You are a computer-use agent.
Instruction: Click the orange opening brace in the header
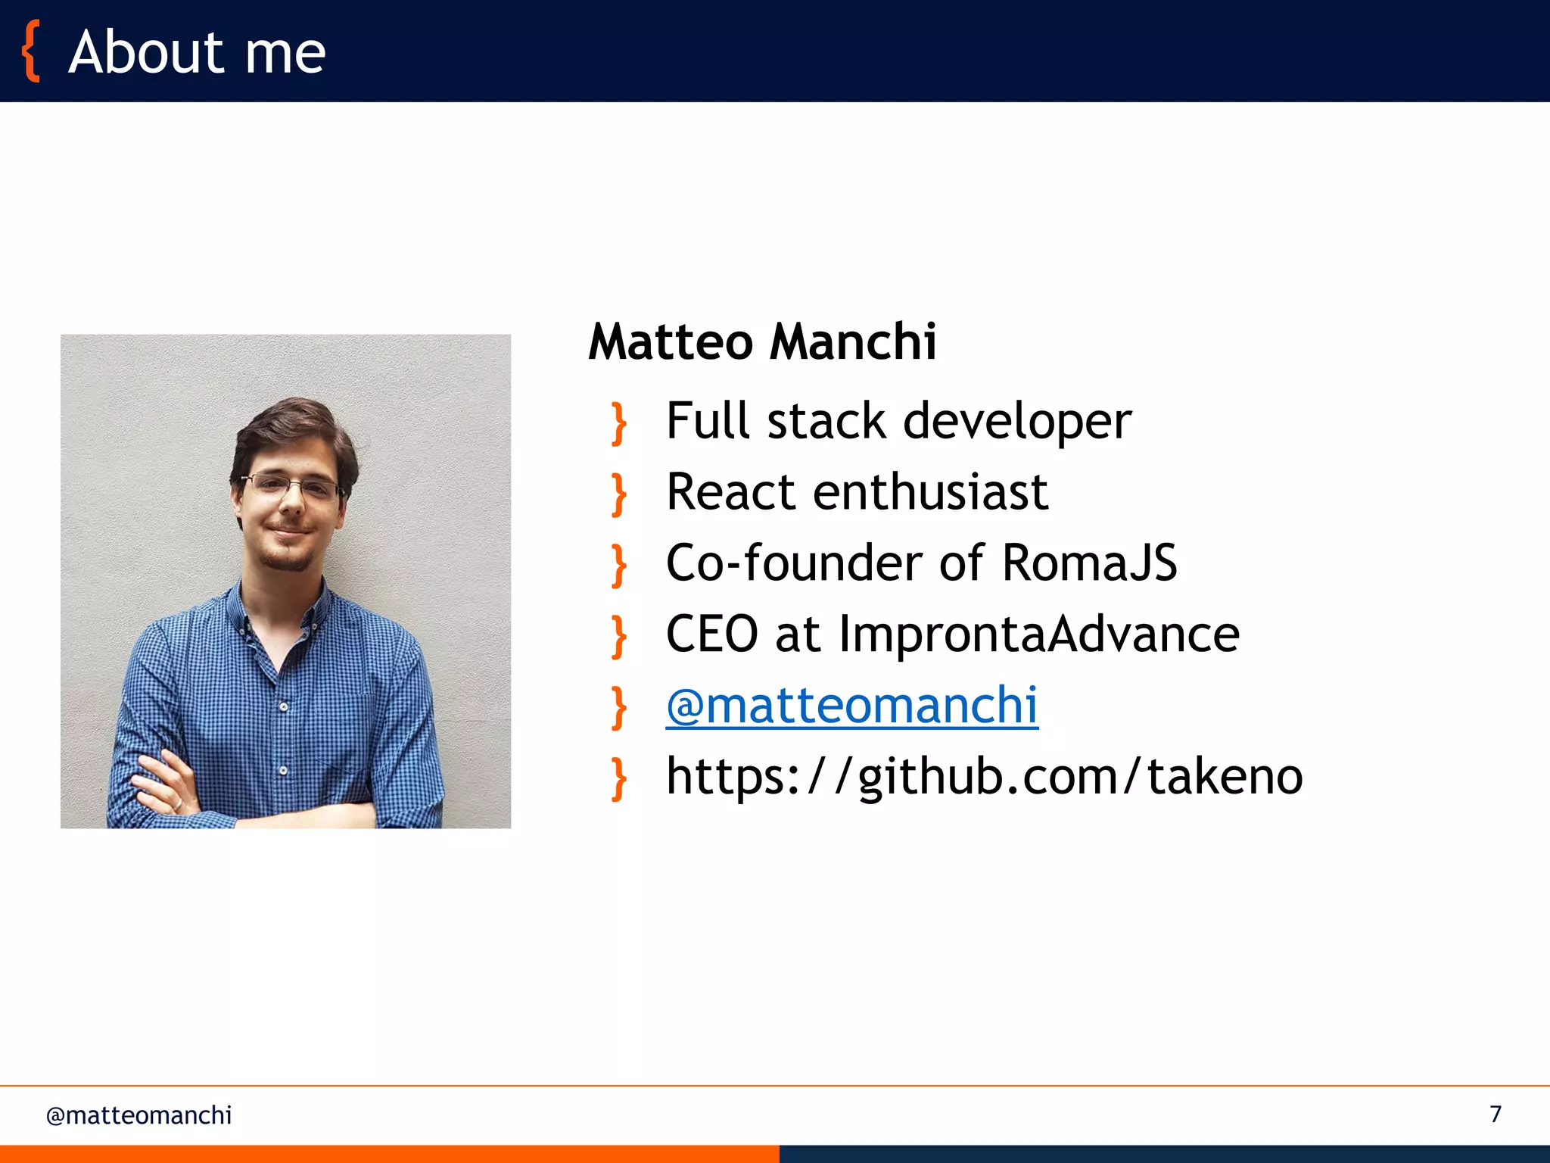[30, 51]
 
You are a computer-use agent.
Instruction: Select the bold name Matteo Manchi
[762, 341]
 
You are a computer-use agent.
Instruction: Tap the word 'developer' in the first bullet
[1017, 421]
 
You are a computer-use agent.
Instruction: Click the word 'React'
[731, 492]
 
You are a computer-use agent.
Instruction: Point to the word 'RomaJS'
[1089, 563]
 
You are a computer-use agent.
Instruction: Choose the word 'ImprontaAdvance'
[1039, 634]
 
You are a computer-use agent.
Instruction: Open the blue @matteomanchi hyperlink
[851, 705]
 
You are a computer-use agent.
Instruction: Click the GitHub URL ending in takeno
[984, 777]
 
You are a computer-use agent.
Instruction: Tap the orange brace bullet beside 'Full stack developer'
[619, 423]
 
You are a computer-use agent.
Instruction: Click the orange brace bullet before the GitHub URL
[619, 779]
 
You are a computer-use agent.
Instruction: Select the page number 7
[1496, 1114]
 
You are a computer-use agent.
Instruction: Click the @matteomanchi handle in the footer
[139, 1115]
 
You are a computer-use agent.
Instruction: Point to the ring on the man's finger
[177, 803]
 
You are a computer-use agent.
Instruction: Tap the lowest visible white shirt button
[283, 770]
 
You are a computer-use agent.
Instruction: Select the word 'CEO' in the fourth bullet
[711, 634]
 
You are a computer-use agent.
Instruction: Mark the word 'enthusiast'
[930, 492]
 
